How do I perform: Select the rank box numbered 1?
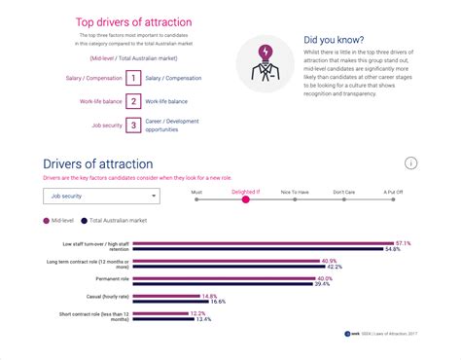pos(132,77)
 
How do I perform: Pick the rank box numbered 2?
pos(132,100)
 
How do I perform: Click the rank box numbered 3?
pos(132,125)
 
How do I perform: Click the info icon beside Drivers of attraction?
pos(411,162)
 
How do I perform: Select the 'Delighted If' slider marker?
pos(245,200)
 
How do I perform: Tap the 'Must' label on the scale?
pos(196,192)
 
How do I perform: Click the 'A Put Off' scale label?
pos(392,192)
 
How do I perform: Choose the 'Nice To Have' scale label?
pos(294,192)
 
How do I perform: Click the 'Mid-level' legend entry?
pos(60,221)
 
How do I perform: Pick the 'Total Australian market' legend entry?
pos(114,221)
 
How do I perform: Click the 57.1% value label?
pos(404,243)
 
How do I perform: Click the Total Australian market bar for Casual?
pos(174,302)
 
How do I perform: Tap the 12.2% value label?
pos(197,313)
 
